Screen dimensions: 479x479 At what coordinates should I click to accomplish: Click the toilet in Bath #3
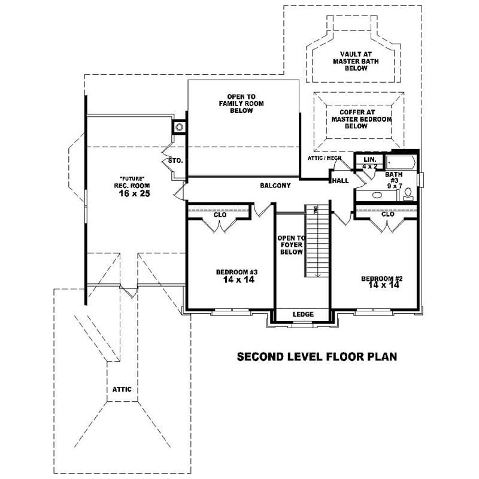(408, 193)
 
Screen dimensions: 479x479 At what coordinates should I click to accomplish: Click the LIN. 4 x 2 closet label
(369, 162)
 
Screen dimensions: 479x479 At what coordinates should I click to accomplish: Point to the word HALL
(341, 180)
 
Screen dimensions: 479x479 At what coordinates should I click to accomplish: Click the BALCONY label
(275, 186)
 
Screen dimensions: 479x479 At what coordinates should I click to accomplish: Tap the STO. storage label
(175, 161)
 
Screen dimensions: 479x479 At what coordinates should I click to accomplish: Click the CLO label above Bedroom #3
(220, 214)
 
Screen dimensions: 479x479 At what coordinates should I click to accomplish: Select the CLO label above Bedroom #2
(387, 214)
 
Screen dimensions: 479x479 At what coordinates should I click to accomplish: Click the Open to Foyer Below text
(291, 245)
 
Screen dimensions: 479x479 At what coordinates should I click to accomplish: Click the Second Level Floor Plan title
(317, 357)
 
